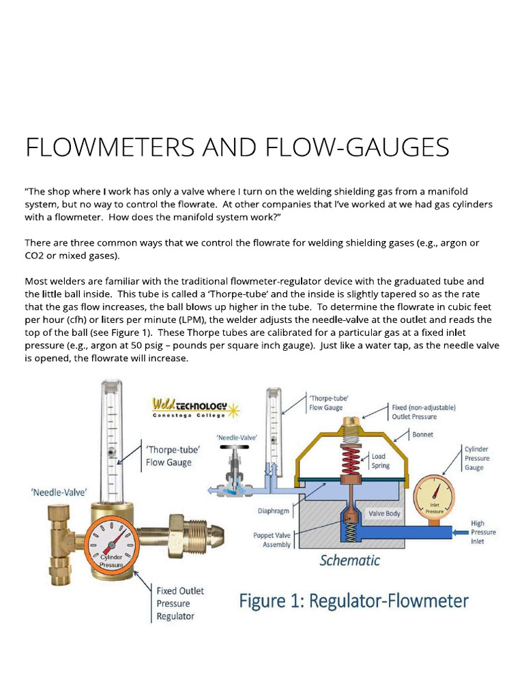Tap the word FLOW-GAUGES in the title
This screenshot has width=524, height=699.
point(355,148)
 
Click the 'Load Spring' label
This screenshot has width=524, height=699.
point(380,461)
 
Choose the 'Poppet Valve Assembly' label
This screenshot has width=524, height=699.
point(272,540)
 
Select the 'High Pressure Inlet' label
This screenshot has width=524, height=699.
point(482,532)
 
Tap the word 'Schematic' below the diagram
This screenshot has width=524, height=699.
point(350,560)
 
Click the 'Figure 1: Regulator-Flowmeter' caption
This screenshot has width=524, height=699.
point(353,601)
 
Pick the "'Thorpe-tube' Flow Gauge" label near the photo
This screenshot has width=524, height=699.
point(169,456)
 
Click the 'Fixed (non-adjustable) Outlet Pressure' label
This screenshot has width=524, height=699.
point(424,411)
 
